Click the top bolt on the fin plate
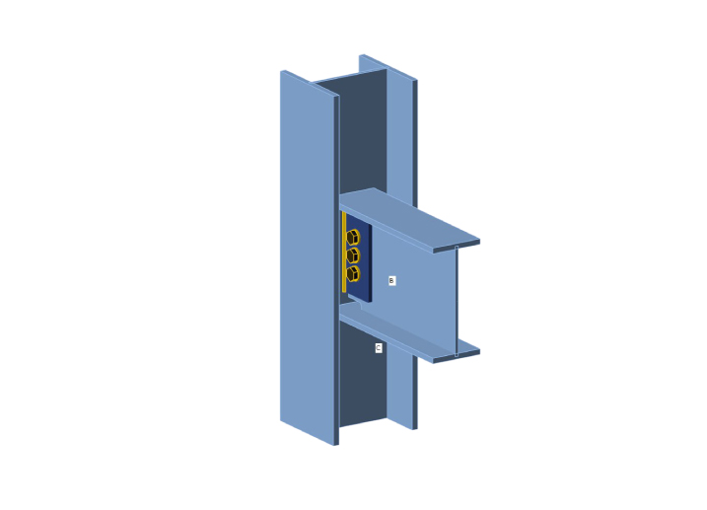[x=353, y=237]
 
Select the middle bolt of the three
[x=353, y=255]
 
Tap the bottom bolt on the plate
[x=353, y=273]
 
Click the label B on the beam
[x=391, y=281]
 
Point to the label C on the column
[x=379, y=348]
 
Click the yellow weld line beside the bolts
[x=344, y=253]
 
